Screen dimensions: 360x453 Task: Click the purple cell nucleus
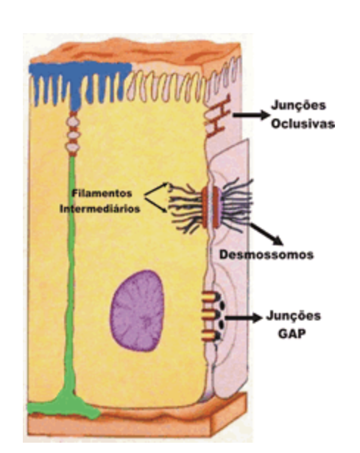pyautogui.click(x=138, y=311)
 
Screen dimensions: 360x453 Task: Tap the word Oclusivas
pyautogui.click(x=303, y=124)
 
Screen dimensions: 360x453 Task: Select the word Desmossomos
pyautogui.click(x=267, y=255)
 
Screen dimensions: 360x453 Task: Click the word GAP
pyautogui.click(x=292, y=334)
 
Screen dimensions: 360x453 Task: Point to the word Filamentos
pyautogui.click(x=102, y=193)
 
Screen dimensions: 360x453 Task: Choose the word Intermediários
pyautogui.click(x=100, y=208)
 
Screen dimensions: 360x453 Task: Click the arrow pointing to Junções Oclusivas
pyautogui.click(x=251, y=115)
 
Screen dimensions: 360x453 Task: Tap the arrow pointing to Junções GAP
pyautogui.click(x=244, y=318)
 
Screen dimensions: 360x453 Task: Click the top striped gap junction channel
pyautogui.click(x=209, y=297)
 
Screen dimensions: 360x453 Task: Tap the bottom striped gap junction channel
pyautogui.click(x=209, y=335)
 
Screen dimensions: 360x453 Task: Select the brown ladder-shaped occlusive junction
pyautogui.click(x=216, y=116)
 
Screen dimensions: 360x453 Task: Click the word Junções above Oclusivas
pyautogui.click(x=298, y=105)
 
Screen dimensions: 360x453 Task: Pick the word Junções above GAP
pyautogui.click(x=293, y=315)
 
